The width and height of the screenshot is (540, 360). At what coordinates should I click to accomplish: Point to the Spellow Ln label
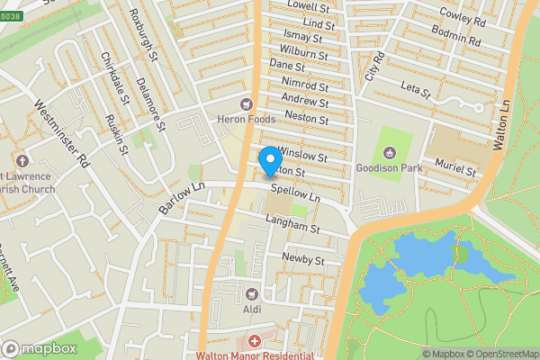pyautogui.click(x=295, y=194)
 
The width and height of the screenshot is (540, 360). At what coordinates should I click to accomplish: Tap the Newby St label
pyautogui.click(x=301, y=259)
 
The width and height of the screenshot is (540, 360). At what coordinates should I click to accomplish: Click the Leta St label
pyautogui.click(x=416, y=90)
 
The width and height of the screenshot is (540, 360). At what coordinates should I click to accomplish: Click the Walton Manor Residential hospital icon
pyautogui.click(x=255, y=342)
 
